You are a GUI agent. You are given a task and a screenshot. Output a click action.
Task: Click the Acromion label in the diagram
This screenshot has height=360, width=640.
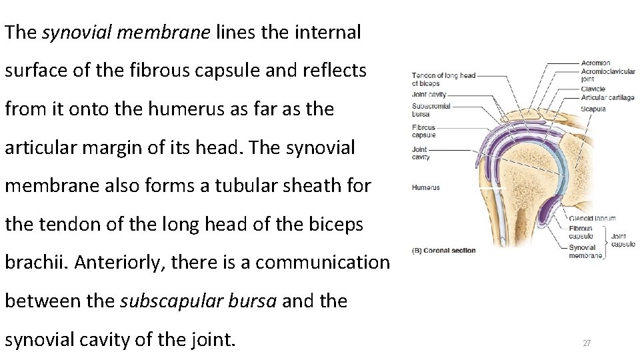[595, 63]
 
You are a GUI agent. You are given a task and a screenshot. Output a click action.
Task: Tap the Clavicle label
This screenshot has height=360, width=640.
[593, 89]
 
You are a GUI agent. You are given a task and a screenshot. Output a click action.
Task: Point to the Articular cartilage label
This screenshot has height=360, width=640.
[607, 98]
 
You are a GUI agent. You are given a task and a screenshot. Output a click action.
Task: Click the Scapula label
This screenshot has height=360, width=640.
[593, 109]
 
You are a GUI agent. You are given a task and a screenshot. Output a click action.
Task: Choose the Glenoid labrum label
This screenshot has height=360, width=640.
[592, 218]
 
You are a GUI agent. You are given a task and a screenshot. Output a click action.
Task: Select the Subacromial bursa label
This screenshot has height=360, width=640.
[431, 109]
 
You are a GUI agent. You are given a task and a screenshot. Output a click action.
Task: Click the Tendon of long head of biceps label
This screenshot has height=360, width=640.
[443, 79]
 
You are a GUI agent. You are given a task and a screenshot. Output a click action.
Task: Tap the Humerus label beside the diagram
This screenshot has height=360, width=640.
[426, 188]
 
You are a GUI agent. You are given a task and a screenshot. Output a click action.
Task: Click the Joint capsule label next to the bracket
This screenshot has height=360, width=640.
[623, 239]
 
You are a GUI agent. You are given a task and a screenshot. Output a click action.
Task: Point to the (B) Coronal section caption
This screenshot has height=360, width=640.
[444, 251]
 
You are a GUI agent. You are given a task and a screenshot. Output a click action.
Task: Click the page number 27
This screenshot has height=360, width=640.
[587, 343]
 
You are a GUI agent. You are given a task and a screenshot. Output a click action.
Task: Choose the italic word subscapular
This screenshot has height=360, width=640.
[197, 301]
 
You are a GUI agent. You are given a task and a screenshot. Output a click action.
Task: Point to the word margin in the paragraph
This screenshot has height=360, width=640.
[112, 147]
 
